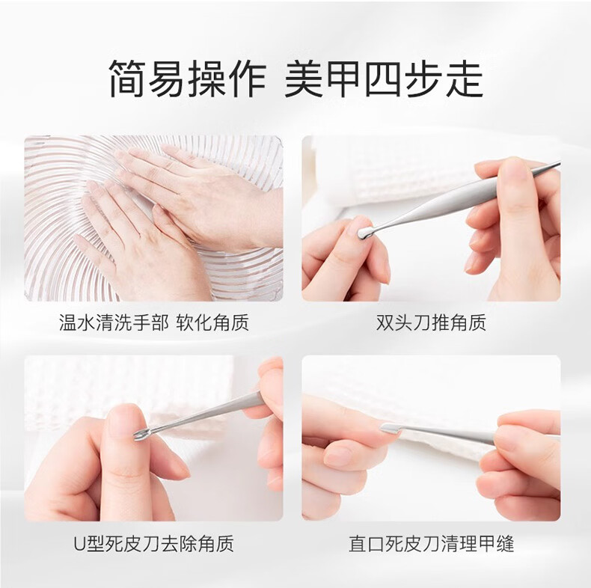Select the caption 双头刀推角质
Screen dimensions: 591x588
[x=431, y=322]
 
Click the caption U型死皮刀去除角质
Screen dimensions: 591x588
[x=154, y=544]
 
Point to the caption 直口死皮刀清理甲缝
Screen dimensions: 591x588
[x=431, y=544]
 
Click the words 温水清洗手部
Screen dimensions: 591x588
[x=114, y=322]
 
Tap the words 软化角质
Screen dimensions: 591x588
[x=212, y=322]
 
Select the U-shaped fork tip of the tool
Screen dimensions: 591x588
[x=139, y=434]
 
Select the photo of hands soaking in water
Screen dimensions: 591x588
[x=154, y=218]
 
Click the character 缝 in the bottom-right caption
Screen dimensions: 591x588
[x=505, y=544]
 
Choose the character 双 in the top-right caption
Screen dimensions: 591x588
[x=385, y=322]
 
